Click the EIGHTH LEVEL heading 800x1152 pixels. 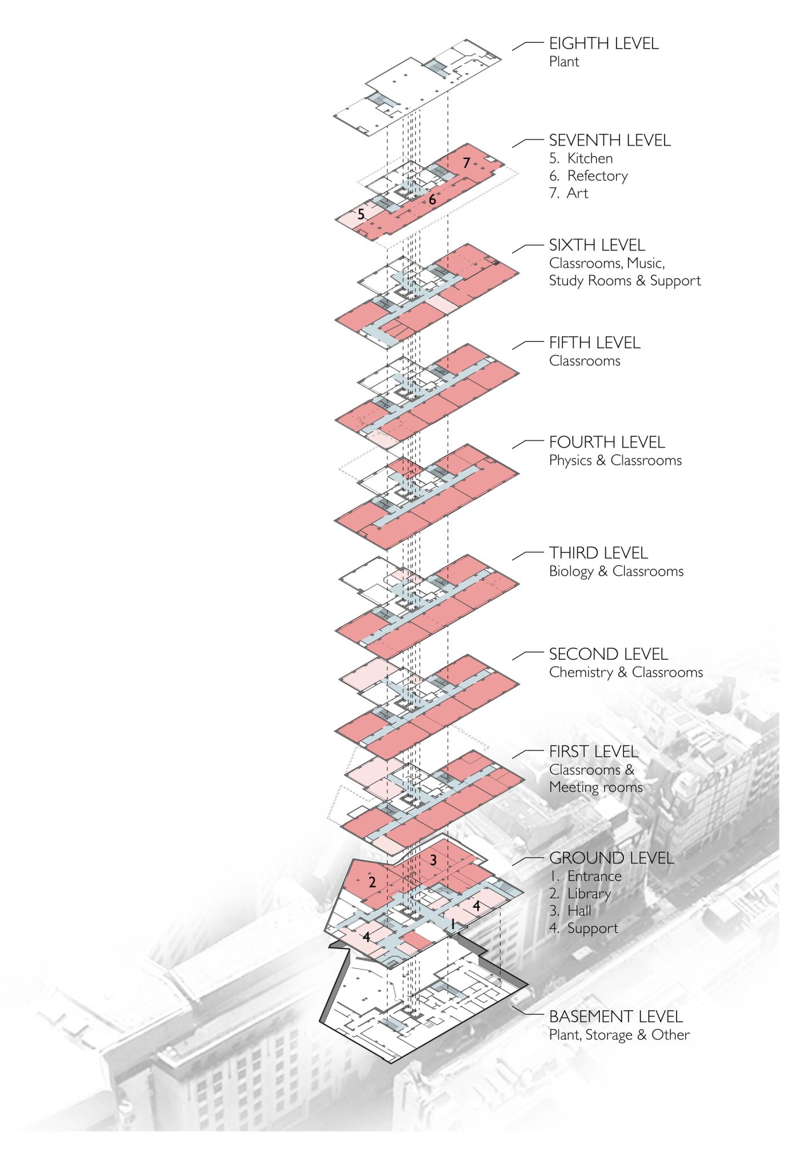pos(603,43)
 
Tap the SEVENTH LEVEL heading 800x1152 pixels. pos(610,141)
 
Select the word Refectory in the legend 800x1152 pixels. pos(597,176)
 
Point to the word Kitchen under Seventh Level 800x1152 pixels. pos(590,158)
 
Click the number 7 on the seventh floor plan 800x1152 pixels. pos(466,163)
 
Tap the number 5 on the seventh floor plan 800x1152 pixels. pos(361,214)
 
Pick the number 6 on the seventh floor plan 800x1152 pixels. pos(432,200)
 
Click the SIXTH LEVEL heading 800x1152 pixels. pos(597,245)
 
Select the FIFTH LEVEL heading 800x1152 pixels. pos(594,343)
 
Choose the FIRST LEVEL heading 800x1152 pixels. pos(593,752)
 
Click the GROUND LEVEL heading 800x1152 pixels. pos(611,858)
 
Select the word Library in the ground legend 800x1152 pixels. pos(589,894)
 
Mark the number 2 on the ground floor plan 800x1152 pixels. pos(372,882)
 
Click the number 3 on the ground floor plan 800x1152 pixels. pos(433,860)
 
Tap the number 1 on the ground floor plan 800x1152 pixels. pos(452,924)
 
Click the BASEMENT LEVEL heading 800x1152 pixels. pos(615,1017)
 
